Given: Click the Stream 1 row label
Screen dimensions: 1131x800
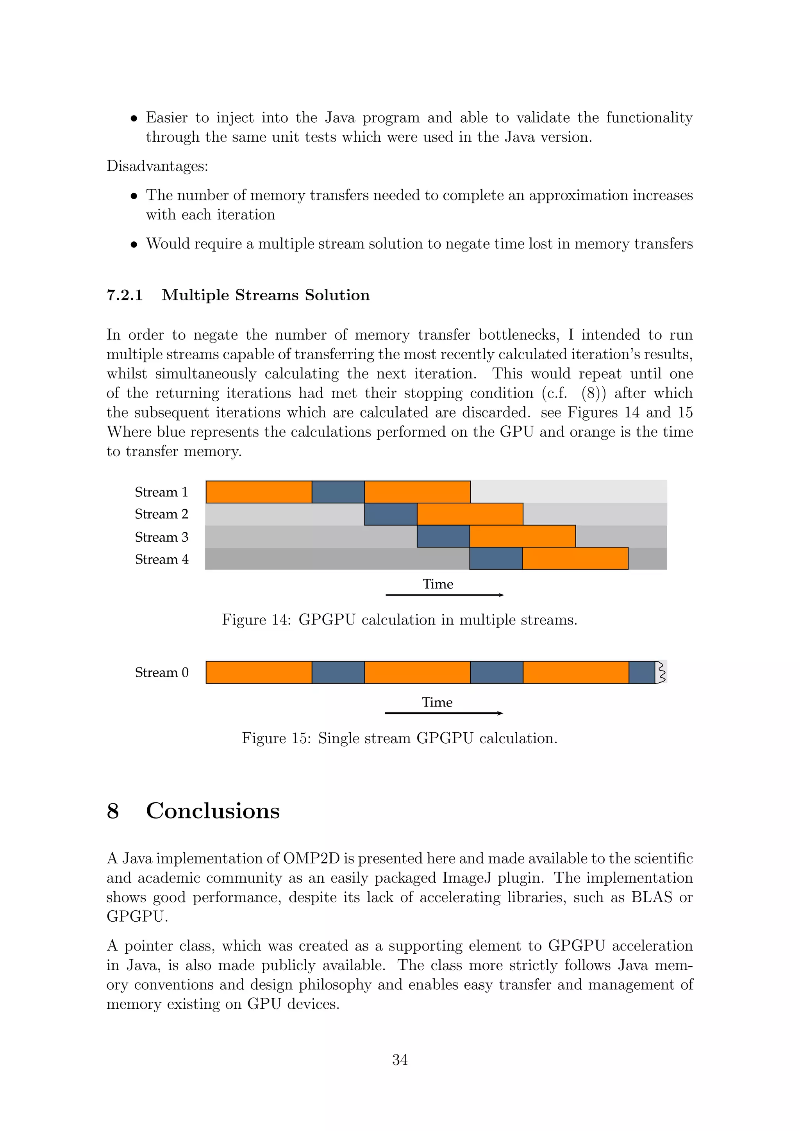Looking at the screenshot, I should point(162,492).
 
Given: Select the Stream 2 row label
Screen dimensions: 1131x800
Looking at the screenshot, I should point(162,514).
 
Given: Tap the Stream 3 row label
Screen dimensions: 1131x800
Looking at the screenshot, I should point(162,537).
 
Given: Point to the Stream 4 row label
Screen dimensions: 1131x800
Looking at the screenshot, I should point(162,560).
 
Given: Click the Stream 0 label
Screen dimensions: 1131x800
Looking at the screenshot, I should point(162,673).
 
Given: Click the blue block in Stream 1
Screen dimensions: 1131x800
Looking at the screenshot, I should point(338,492).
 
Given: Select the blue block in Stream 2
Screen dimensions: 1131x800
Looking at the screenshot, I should point(391,514).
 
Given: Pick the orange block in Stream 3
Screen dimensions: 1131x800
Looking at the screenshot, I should point(522,537).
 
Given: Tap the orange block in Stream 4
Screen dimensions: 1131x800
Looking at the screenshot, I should point(575,558).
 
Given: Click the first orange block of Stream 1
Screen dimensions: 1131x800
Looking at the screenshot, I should point(259,492).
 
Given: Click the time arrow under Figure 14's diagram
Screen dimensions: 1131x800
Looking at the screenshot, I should point(444,595).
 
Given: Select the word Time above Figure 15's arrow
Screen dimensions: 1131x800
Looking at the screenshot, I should point(437,703).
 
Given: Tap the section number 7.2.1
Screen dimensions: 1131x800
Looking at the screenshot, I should point(125,295).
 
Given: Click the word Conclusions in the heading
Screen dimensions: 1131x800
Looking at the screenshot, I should point(213,811).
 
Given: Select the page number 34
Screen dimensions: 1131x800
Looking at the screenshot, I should point(400,1060).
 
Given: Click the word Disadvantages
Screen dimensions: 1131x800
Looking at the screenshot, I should point(157,166).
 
